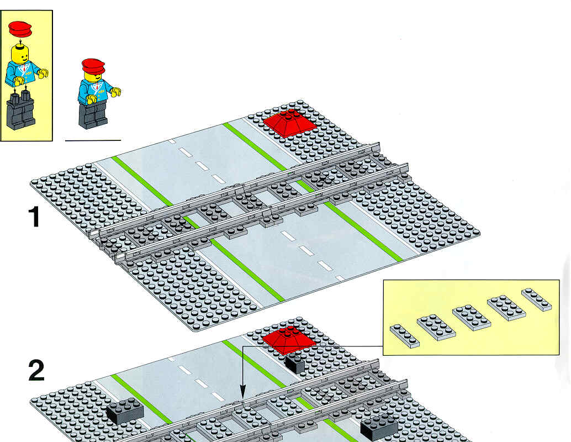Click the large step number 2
[36, 371]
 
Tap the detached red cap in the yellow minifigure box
[20, 29]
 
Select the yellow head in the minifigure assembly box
[20, 54]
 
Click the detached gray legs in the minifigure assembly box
[21, 110]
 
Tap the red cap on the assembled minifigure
[93, 66]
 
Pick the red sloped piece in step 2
[289, 340]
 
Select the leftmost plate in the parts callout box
[405, 336]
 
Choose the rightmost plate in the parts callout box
[536, 299]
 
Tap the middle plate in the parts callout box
[472, 317]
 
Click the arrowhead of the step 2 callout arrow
[243, 395]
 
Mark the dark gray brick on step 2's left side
[125, 411]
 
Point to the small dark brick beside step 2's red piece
[294, 363]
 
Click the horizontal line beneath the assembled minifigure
[93, 140]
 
